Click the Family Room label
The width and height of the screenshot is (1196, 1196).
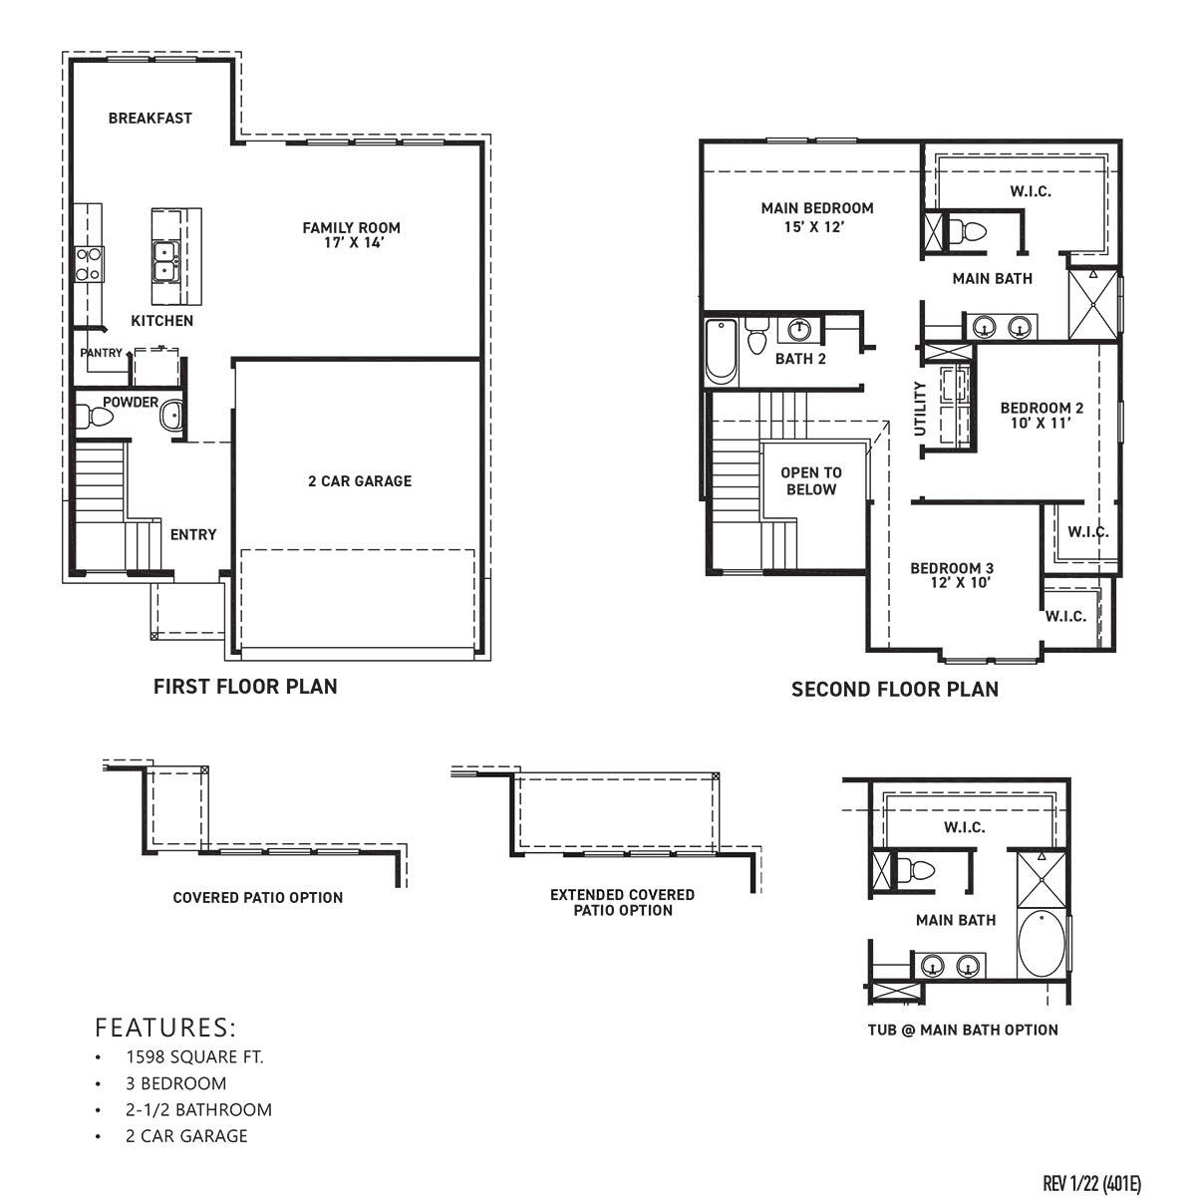tap(351, 228)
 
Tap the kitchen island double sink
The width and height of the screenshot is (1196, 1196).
tap(164, 261)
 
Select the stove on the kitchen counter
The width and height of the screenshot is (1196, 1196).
tap(89, 262)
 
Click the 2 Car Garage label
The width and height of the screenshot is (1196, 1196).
tap(360, 481)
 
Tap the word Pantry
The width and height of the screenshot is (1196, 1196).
tap(102, 353)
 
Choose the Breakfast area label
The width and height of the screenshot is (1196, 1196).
tap(150, 118)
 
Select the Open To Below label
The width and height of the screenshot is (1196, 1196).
tap(810, 481)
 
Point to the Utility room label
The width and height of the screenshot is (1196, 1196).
tap(920, 408)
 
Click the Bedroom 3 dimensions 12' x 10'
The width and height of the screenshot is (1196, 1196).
tap(951, 583)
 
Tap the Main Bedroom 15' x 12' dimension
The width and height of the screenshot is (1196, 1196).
tap(816, 226)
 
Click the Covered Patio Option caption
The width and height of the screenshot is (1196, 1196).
tap(257, 897)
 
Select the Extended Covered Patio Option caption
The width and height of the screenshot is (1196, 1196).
tap(622, 902)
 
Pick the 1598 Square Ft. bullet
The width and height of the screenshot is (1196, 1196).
tap(194, 1057)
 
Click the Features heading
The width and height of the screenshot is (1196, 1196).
tap(165, 1027)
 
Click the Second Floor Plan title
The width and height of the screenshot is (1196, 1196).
tap(894, 689)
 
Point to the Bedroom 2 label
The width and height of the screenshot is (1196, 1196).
tap(1042, 408)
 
